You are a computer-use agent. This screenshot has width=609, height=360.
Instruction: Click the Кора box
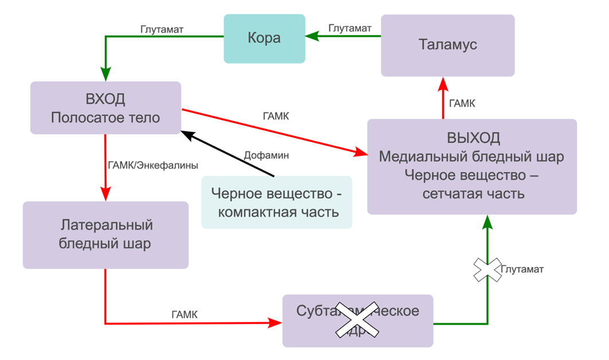(264, 39)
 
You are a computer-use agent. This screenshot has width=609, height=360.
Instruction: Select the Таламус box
(448, 45)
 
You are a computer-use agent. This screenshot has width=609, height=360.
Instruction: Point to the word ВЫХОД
(473, 138)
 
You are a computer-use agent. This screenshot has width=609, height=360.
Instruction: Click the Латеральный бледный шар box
(105, 234)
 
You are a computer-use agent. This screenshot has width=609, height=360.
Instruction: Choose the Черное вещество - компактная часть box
(277, 202)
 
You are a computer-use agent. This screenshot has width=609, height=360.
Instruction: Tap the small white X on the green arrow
(487, 269)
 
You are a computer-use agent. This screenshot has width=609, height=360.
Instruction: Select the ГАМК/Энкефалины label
(152, 165)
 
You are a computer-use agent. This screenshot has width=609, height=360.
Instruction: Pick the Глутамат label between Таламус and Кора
(350, 28)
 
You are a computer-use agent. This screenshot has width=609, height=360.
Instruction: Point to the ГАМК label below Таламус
(462, 104)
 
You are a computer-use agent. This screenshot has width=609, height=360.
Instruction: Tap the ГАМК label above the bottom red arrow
(184, 314)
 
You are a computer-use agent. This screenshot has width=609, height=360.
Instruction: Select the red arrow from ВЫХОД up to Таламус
(443, 98)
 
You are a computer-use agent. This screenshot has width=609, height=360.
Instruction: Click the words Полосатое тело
(105, 118)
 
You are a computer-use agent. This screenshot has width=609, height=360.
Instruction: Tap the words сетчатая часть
(473, 193)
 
